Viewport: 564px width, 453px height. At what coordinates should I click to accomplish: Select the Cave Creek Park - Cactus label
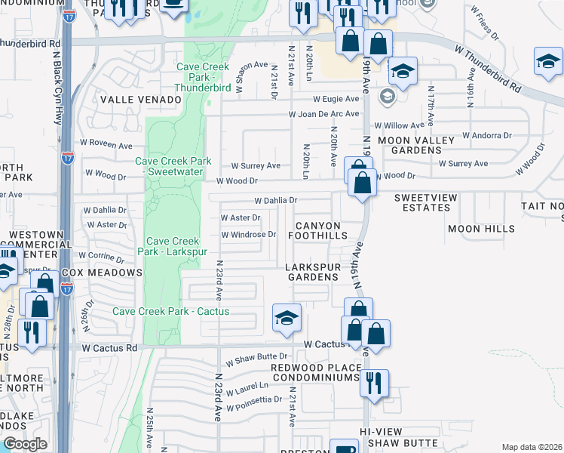point(170,311)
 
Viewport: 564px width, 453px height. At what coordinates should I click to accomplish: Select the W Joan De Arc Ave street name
point(323,115)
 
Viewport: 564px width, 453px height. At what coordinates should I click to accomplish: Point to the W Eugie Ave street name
point(336,99)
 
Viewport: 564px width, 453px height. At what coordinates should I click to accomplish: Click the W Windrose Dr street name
point(248,234)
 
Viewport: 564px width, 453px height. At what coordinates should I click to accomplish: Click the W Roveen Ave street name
point(106,142)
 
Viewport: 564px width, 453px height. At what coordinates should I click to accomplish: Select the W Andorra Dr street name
point(486,136)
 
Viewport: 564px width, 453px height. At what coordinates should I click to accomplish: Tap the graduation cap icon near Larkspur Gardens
point(287,319)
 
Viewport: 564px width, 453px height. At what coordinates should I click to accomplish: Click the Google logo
point(25,444)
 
